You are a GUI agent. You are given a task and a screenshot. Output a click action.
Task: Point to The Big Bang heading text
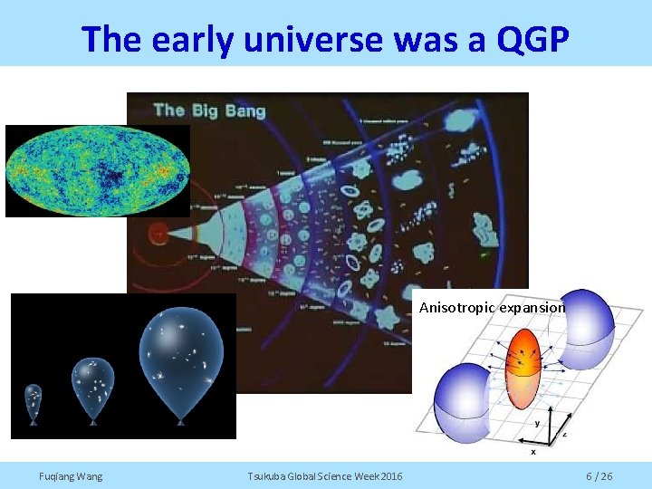point(209,110)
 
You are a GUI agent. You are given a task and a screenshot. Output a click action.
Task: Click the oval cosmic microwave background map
point(97,170)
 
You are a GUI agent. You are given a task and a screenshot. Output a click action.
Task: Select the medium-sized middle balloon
point(92,383)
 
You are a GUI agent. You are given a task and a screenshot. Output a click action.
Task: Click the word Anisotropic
point(455,308)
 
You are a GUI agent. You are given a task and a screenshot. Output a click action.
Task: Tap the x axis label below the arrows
point(532,450)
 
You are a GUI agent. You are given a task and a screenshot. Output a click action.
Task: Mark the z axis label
point(565,434)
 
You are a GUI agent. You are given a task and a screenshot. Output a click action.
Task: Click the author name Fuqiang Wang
point(71,476)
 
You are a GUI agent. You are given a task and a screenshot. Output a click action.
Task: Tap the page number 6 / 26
point(599,476)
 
